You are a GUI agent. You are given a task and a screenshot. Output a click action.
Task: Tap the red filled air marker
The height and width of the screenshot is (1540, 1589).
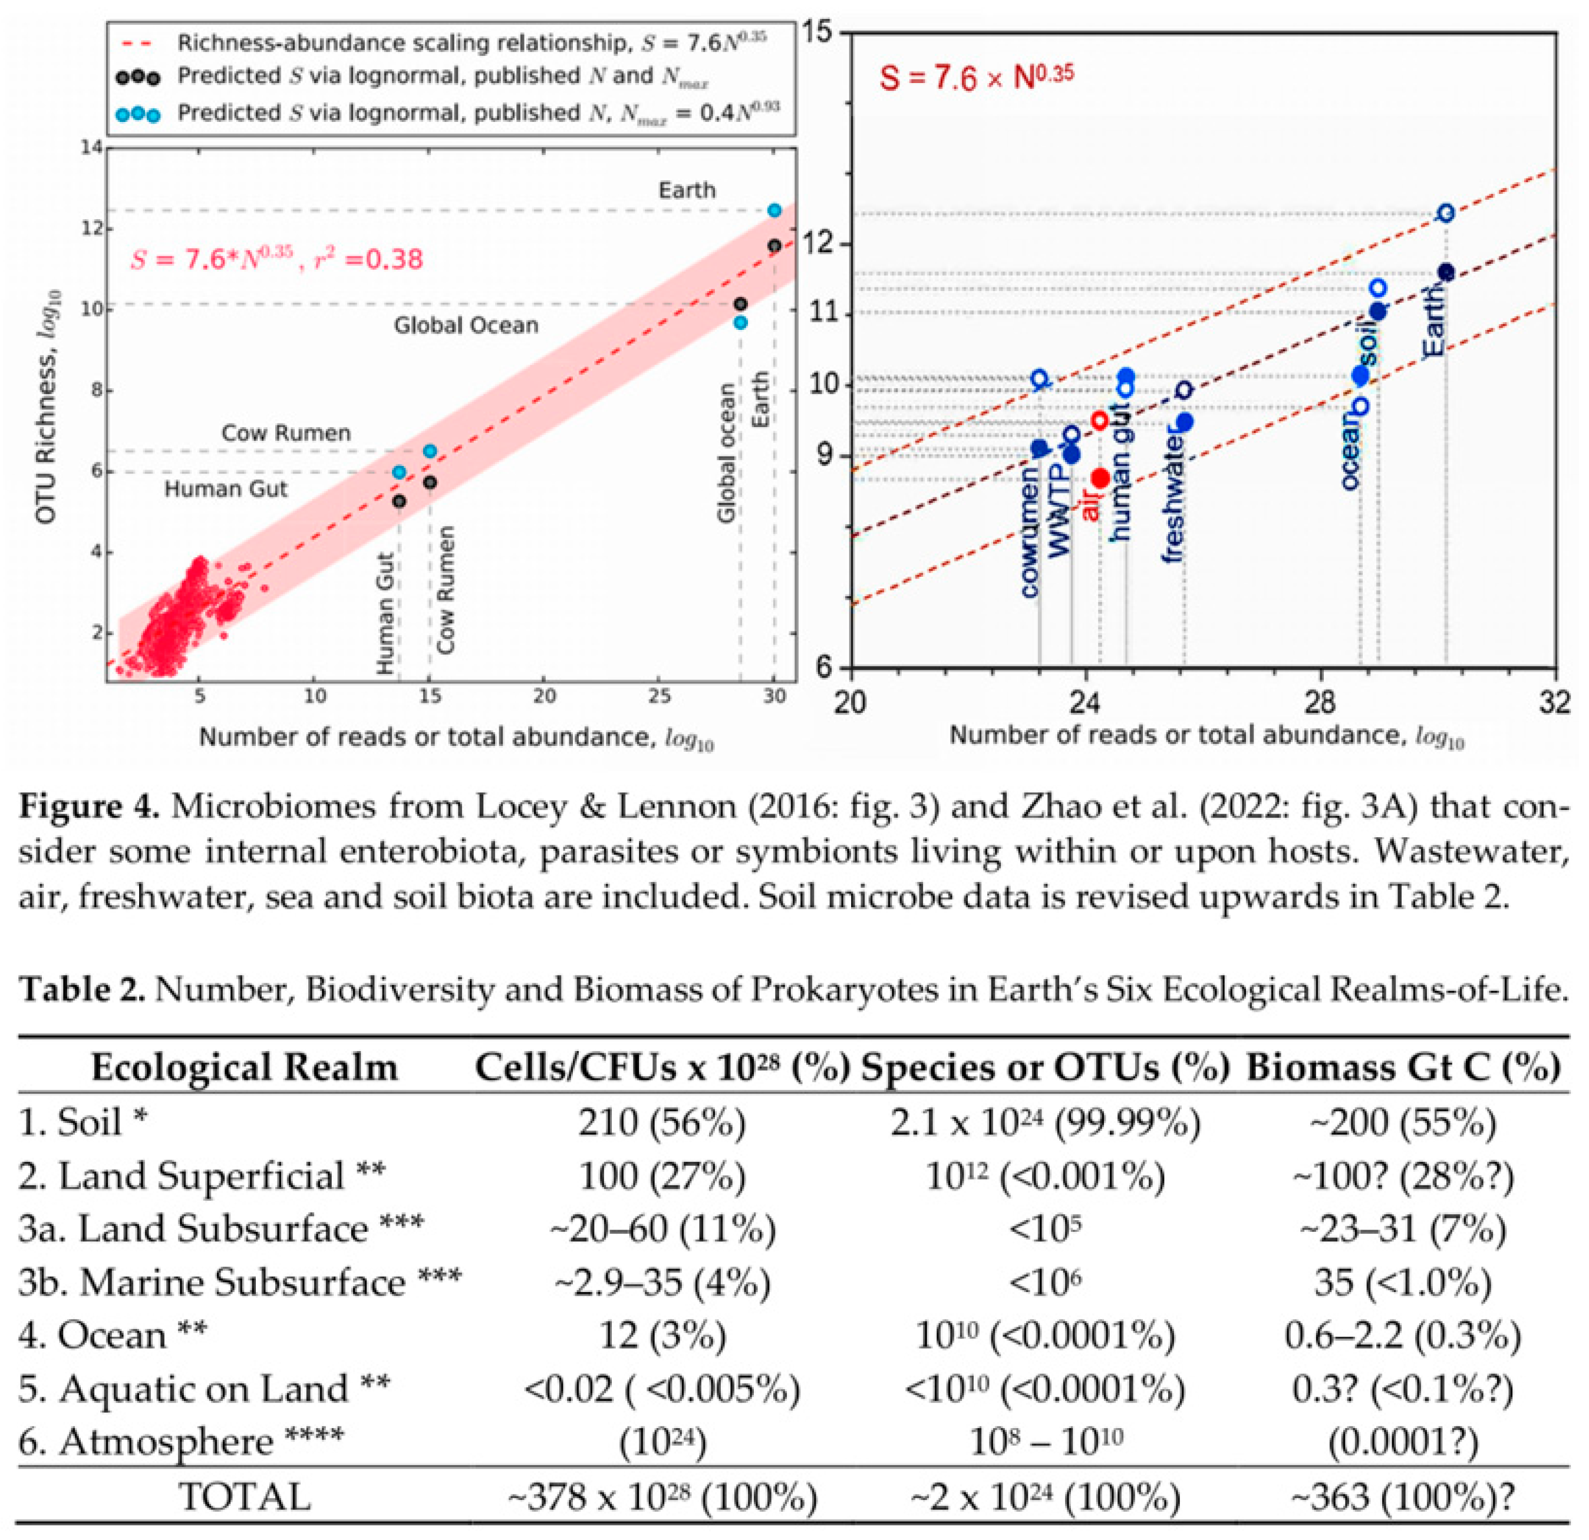(x=1099, y=479)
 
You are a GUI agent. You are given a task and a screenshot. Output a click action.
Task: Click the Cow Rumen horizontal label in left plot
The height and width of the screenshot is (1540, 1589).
(x=286, y=433)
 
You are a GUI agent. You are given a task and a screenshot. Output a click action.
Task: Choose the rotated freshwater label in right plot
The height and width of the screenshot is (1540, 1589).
(x=1173, y=498)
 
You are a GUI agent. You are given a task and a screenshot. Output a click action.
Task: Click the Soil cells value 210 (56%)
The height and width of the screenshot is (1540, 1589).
(x=661, y=1122)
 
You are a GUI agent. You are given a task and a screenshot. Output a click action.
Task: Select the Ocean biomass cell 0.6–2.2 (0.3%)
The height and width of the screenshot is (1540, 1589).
(x=1403, y=1335)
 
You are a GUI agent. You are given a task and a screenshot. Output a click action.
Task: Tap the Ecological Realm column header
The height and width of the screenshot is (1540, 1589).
(x=244, y=1068)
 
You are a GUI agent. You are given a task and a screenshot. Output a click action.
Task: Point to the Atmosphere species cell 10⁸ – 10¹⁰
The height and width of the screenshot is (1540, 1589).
(x=1046, y=1442)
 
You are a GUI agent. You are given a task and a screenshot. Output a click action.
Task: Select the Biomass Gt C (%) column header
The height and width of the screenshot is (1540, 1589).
(x=1403, y=1068)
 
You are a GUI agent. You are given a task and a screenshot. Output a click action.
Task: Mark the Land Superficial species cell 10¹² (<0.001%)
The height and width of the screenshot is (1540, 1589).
(x=1046, y=1176)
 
